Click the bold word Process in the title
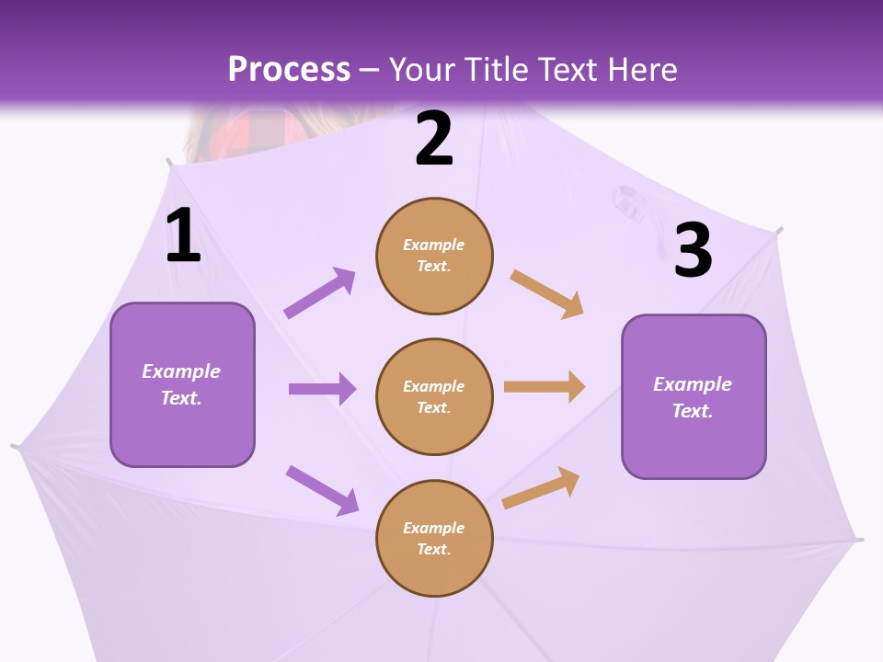point(289,70)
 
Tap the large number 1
point(183,236)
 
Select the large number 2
point(434,138)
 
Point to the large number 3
point(693,250)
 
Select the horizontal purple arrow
point(322,389)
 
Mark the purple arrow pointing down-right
point(322,490)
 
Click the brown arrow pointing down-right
point(547,293)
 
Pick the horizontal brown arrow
point(545,387)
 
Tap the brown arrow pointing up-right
point(541,487)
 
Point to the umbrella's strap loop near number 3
point(628,202)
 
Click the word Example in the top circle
point(434,245)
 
